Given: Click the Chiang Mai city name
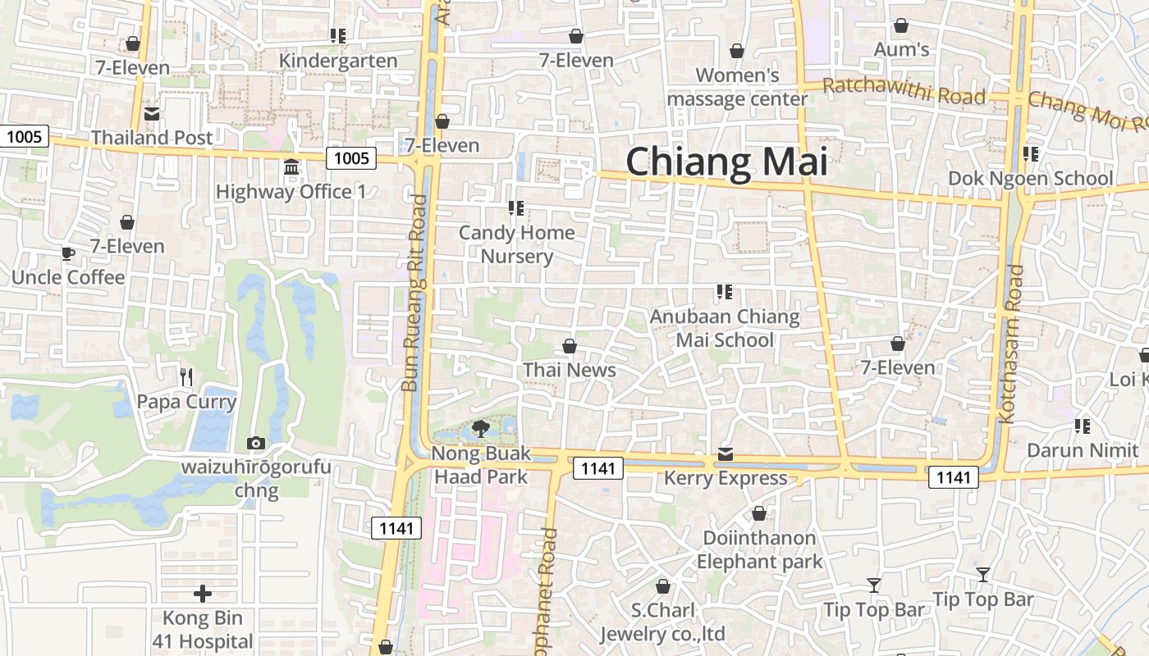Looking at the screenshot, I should (726, 162).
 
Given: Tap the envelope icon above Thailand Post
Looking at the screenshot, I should (152, 114).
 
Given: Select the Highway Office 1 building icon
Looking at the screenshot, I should (291, 167).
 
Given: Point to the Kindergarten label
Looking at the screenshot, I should (338, 61).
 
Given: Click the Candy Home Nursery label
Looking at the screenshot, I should (516, 244).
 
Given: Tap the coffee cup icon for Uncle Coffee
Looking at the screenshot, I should (68, 253).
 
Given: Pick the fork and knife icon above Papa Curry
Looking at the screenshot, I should (186, 376).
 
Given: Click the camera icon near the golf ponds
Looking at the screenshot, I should (256, 444).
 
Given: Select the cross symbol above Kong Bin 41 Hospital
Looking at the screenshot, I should (203, 594).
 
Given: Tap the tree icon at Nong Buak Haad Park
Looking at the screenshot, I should (481, 428).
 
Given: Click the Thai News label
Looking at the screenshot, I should (570, 370).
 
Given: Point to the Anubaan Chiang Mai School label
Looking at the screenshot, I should (725, 328).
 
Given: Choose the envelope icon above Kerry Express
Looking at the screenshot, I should (726, 454).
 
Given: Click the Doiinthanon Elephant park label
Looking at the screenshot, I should (759, 549).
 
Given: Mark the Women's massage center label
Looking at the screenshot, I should (737, 87).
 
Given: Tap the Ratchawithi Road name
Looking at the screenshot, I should (904, 91).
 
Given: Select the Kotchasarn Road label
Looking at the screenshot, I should (1012, 344).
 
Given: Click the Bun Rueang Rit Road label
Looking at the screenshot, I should (415, 293).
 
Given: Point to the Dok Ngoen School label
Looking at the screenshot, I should (1030, 178).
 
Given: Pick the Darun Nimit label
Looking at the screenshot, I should (1083, 450).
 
